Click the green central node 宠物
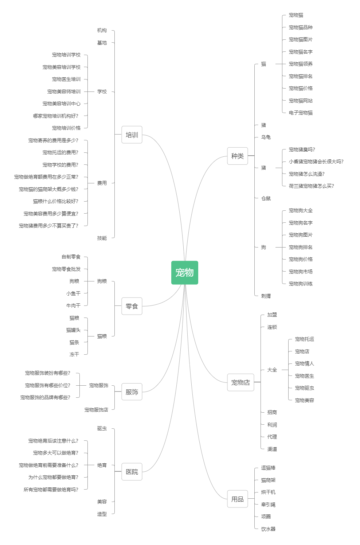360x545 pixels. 185,273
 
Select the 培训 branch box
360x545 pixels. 132,135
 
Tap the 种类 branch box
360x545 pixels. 238,156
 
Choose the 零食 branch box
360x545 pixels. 132,306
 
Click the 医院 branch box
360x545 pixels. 132,472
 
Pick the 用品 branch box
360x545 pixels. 238,499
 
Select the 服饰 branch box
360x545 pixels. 132,392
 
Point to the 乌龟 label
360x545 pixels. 266,137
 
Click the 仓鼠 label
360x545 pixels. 266,199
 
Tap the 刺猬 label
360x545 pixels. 266,296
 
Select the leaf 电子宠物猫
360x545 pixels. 301,113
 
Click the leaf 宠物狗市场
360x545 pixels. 301,272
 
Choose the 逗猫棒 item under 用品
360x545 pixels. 268,468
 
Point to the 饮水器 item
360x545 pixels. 268,529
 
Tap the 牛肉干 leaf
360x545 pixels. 73,305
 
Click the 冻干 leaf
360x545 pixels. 74,354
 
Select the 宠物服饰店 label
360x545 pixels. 96,410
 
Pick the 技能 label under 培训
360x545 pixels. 102,238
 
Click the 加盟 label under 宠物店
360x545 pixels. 272,315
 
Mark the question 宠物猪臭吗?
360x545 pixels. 302,149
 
